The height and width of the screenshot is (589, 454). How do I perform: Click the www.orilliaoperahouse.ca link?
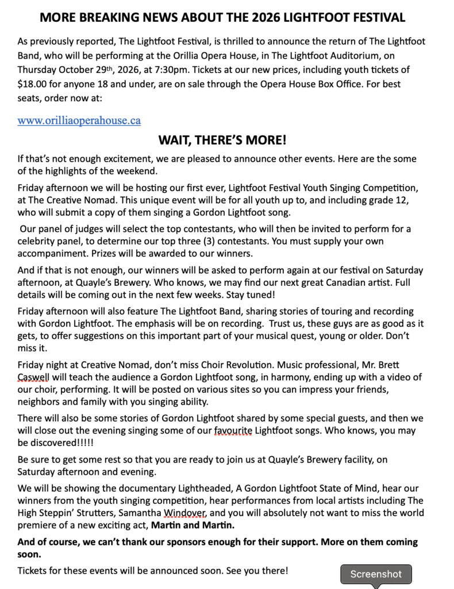coord(79,121)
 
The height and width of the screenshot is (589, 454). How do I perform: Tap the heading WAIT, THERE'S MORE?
coord(222,141)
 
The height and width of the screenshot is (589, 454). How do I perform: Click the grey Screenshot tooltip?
coord(376,573)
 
